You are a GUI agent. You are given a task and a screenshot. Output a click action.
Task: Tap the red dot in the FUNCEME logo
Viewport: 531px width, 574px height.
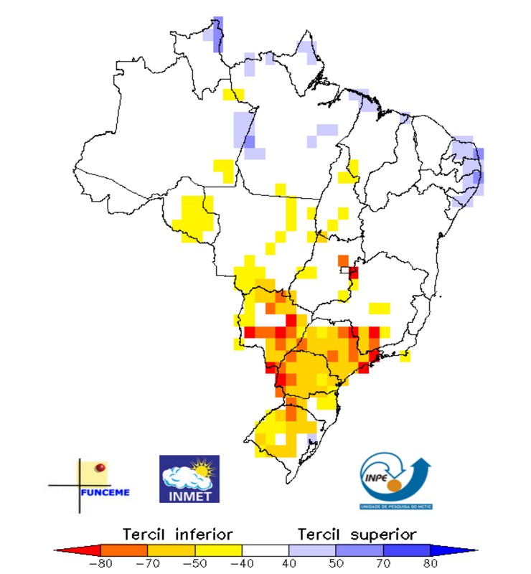pos(101,468)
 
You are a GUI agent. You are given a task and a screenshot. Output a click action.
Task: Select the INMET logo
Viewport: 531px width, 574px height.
pos(189,479)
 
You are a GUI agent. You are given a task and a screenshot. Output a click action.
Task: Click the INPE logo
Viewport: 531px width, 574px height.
pos(395,479)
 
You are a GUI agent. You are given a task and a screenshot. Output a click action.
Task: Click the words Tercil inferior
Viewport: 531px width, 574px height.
pos(177,534)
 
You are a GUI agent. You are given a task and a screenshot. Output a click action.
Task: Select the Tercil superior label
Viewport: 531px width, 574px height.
pos(357,534)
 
